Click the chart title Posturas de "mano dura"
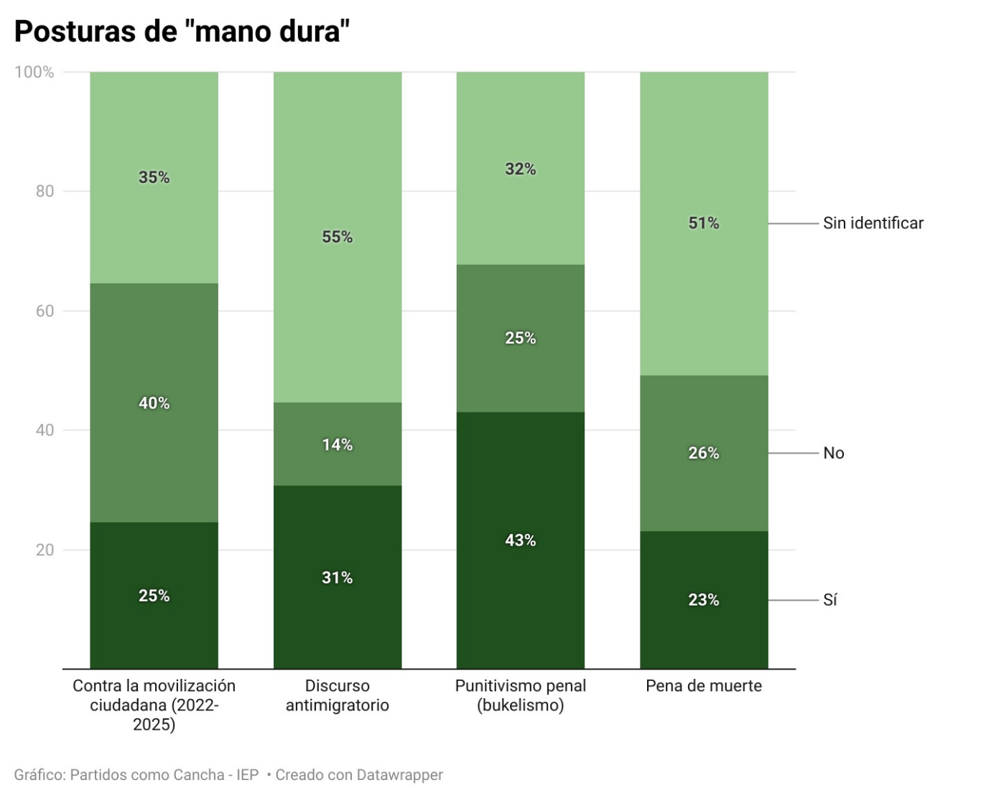point(182,32)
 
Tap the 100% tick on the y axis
point(34,72)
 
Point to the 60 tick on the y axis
point(45,311)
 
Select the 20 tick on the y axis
point(45,550)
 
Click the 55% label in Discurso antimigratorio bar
point(337,237)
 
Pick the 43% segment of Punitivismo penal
point(521,540)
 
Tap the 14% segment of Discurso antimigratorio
point(337,444)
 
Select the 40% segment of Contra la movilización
point(154,403)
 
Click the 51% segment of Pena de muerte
point(704,223)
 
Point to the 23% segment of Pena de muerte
point(704,600)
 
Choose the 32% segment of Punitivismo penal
point(521,169)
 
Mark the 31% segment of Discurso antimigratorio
point(337,578)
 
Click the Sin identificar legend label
point(873,223)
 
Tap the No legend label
point(833,453)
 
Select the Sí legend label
point(829,600)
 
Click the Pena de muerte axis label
point(704,686)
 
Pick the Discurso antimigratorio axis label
point(337,695)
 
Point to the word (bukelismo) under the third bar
point(521,705)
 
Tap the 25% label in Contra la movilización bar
point(154,596)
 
